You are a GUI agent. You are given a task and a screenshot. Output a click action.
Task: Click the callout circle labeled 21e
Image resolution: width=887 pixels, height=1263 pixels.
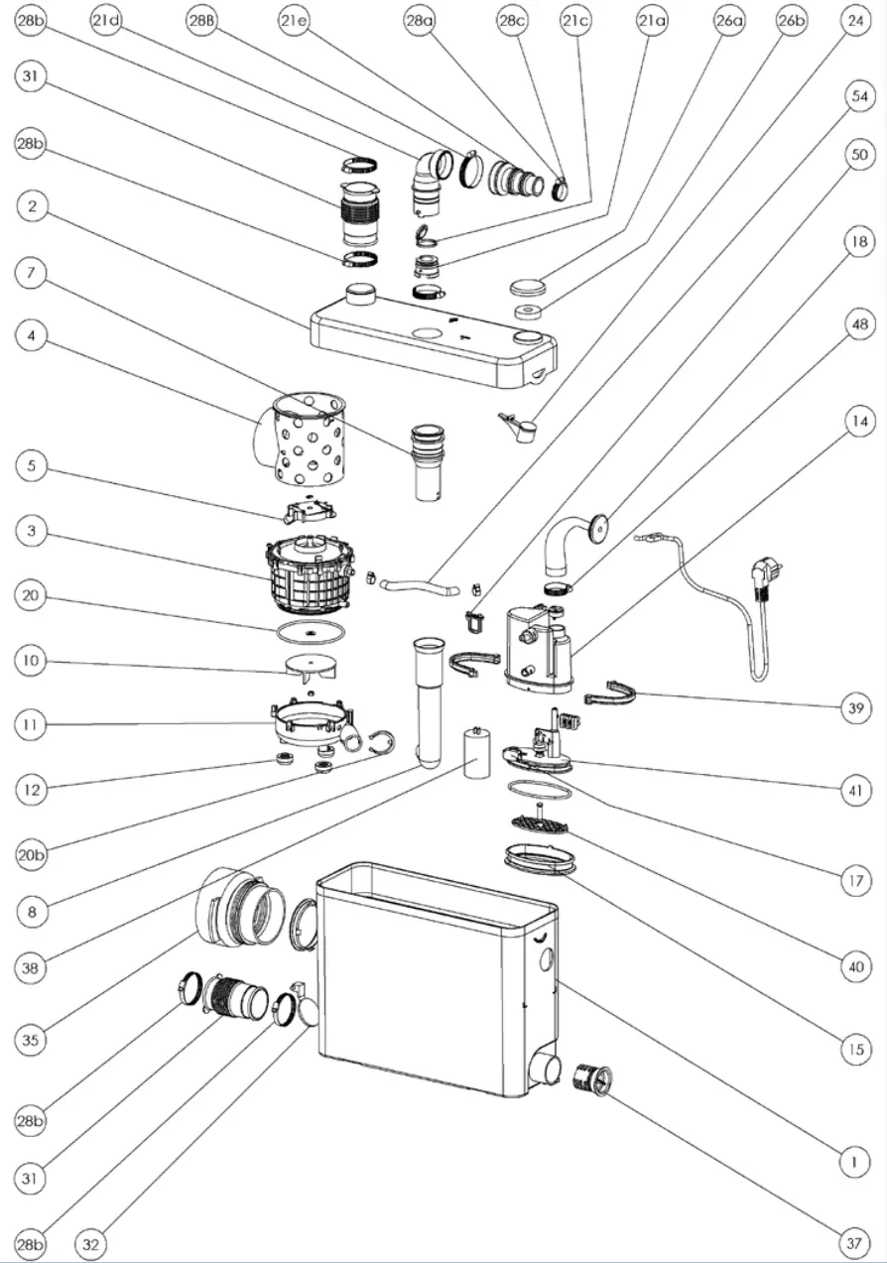pos(294,21)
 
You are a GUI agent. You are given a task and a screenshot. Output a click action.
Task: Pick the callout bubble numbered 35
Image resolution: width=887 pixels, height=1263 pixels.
pos(32,1040)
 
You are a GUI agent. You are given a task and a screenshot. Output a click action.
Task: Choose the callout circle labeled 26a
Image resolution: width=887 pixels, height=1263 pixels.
pos(728,21)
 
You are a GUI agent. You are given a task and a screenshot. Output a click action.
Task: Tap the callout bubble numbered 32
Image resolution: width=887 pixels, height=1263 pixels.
pos(92,1243)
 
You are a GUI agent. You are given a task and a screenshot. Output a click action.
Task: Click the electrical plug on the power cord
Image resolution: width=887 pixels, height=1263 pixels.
pos(767,575)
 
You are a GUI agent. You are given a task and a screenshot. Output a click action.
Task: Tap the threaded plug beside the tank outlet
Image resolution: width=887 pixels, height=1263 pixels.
pos(593,1075)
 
